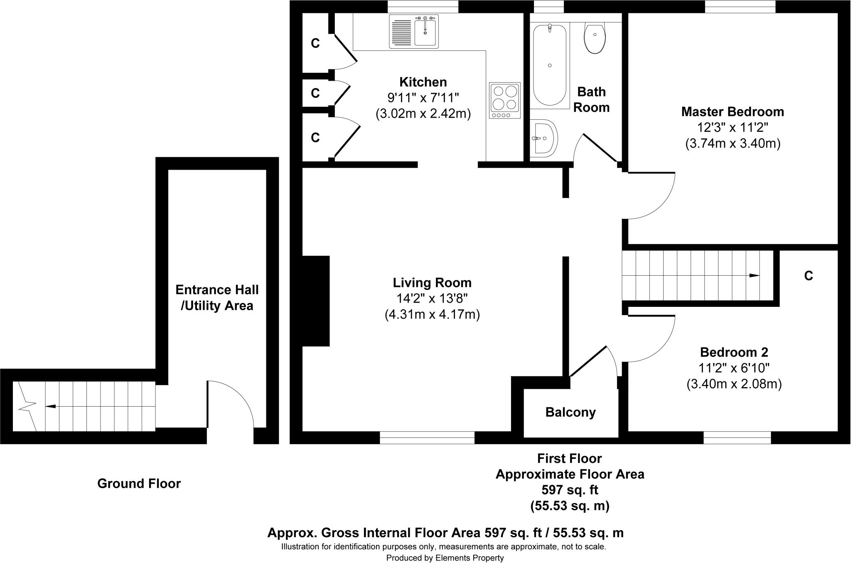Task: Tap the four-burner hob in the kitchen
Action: tap(505, 100)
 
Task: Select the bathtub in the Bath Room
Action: tap(550, 65)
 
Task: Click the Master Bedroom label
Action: tap(733, 111)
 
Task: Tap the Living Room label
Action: tap(432, 283)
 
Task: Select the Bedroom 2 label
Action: tap(734, 352)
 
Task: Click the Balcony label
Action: tap(571, 412)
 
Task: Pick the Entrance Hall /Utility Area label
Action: tap(217, 298)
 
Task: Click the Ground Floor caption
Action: tap(139, 484)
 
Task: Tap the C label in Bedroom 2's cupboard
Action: tap(808, 276)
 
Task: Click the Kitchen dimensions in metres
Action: tap(423, 114)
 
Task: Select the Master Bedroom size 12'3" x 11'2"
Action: tap(733, 127)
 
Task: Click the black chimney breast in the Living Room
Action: tap(316, 301)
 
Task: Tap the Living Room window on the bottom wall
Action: tap(427, 438)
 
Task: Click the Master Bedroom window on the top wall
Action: tap(740, 7)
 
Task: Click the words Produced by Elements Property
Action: tap(445, 558)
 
